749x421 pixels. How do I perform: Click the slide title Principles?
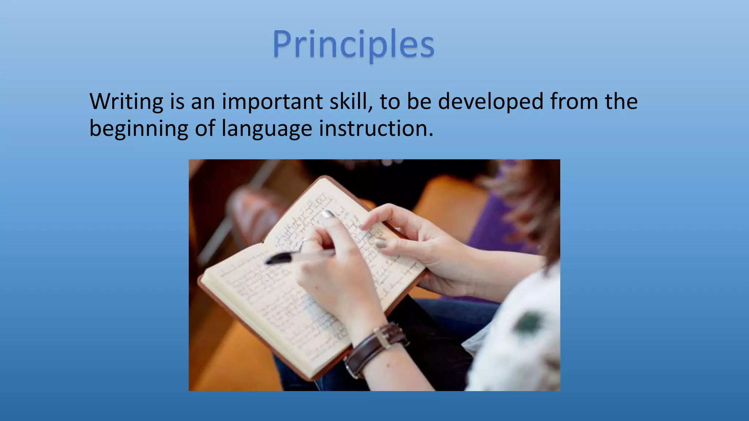pos(353,45)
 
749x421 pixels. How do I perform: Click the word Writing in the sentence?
pos(126,102)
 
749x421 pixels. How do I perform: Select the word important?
pos(272,102)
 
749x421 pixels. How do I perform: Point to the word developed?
pos(491,102)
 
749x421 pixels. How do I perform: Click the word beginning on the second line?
pos(139,129)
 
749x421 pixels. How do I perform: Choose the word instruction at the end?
pos(376,128)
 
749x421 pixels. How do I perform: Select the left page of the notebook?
pos(271,300)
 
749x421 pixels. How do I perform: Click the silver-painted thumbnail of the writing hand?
pos(328,214)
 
